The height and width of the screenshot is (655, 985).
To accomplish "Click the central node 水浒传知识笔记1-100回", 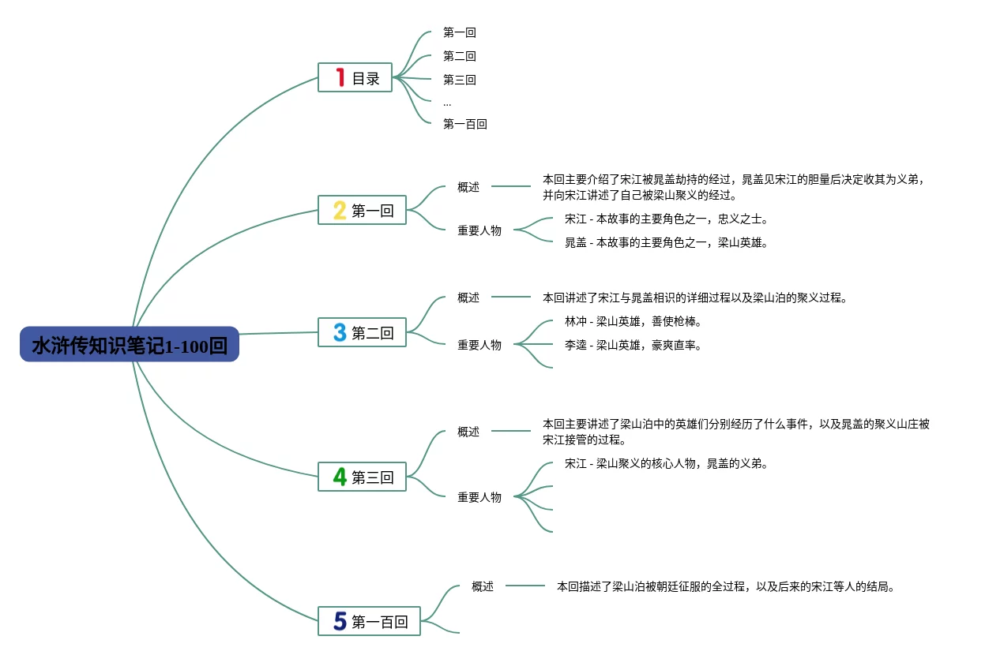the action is [130, 344].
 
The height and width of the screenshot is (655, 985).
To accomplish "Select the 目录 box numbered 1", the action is [355, 77].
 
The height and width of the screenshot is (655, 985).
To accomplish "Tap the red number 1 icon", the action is [340, 77].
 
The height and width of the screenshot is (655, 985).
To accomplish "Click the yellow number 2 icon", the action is [340, 210].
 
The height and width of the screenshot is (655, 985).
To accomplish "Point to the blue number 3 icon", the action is [340, 332].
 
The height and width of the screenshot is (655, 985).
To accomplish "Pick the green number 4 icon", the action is [340, 476].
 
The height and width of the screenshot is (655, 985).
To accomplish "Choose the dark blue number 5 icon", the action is [340, 621].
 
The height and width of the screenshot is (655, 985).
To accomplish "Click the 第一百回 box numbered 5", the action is [369, 621].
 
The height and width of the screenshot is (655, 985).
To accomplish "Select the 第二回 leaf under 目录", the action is [459, 56].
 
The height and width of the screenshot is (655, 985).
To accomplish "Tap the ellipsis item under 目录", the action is [447, 103].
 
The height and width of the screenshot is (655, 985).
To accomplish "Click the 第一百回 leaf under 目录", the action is [464, 124].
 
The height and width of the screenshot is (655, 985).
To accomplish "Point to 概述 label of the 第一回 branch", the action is [468, 187].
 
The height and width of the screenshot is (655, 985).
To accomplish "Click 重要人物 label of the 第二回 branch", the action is [479, 345].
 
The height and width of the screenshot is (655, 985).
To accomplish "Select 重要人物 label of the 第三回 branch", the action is [479, 497].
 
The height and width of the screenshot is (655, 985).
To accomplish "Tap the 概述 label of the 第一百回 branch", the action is [483, 586].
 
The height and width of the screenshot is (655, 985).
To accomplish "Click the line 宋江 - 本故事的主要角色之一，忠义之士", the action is [666, 219].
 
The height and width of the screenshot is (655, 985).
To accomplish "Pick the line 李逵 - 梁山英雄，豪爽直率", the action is [633, 345].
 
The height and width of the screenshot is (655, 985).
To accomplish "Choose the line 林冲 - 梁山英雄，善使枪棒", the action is [633, 321].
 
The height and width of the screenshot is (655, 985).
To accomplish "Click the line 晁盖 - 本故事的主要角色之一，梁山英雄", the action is [666, 242].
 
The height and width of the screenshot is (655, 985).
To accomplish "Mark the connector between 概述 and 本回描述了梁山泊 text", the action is [525, 585].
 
